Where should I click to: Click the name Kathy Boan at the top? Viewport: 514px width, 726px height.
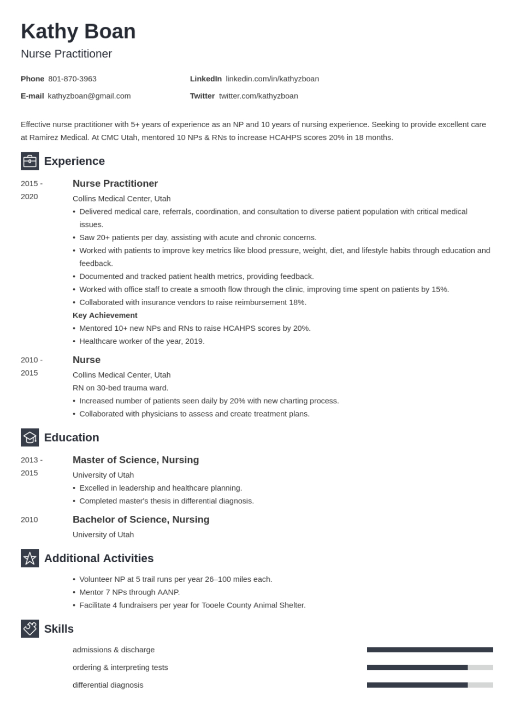78,32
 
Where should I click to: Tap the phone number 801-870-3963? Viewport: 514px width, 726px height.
72,79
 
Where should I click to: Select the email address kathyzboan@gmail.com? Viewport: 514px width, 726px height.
89,96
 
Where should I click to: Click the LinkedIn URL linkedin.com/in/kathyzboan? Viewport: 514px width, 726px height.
272,79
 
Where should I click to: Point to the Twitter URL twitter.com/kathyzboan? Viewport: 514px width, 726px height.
258,96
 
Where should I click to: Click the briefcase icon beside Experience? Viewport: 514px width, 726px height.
29,161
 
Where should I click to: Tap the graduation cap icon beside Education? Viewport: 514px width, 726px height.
29,437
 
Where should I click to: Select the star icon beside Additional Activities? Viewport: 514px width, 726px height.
29,558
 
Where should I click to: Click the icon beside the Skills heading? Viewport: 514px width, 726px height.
29,629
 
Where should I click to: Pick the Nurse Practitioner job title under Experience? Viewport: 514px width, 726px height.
115,183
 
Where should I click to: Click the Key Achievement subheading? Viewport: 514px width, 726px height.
105,315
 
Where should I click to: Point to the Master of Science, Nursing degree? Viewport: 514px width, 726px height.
135,460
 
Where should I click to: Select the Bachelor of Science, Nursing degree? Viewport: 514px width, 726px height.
141,519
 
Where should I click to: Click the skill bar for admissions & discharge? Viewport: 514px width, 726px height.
430,650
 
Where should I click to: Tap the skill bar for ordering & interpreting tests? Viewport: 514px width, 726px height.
430,667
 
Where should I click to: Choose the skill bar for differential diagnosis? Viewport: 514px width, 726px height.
430,685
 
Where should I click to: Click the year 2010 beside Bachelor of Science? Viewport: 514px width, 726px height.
29,519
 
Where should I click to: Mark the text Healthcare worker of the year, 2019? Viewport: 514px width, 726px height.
142,341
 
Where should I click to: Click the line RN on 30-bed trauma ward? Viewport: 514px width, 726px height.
120,388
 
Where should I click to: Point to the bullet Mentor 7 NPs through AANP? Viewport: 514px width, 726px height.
129,592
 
